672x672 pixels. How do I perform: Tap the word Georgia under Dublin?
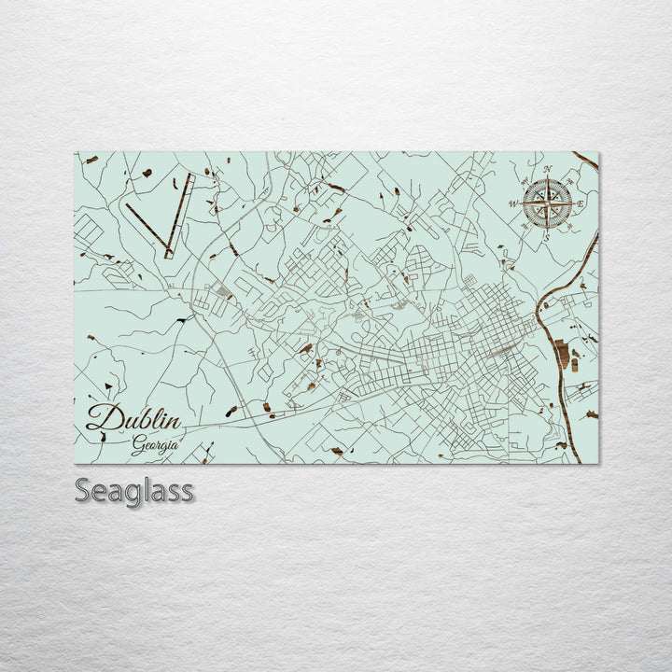[x=155, y=444]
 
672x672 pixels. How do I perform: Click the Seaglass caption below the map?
[x=134, y=490]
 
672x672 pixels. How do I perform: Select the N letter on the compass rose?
[x=548, y=170]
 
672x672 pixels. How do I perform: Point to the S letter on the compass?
[x=546, y=238]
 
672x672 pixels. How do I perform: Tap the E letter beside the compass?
[x=580, y=203]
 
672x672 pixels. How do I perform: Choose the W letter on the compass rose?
[x=512, y=203]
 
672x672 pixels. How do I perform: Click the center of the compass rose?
[x=547, y=203]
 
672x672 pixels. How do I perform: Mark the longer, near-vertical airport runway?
[x=179, y=215]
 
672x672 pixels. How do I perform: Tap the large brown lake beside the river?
[x=561, y=355]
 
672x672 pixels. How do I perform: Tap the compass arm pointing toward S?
[x=547, y=219]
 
